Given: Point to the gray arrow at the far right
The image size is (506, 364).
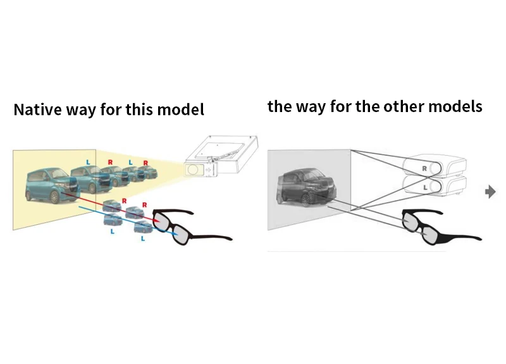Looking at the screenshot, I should (490, 191).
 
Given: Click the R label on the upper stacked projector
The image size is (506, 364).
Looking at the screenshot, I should (424, 168).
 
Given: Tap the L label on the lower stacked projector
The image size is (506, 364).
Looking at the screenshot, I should (424, 188).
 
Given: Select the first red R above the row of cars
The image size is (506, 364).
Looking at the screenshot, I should (109, 162).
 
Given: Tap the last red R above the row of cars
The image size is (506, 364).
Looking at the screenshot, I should (145, 163).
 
